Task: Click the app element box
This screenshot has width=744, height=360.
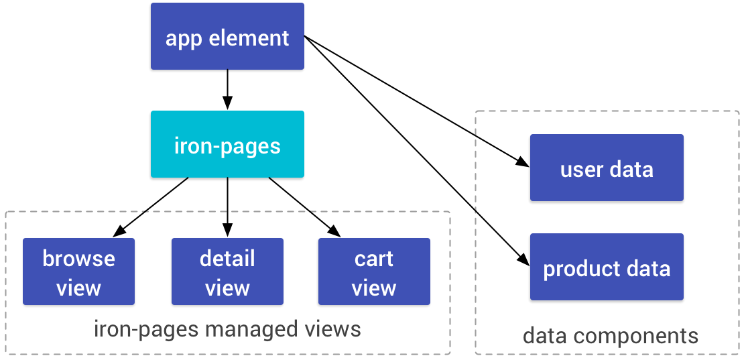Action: click(227, 36)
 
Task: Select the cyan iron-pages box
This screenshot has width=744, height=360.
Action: click(227, 144)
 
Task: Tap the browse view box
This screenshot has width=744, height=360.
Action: click(78, 272)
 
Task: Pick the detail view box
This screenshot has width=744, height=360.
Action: click(227, 272)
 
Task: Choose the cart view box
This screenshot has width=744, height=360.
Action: click(374, 272)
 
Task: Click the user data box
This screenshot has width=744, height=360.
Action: click(607, 168)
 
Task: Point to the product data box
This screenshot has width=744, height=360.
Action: click(607, 267)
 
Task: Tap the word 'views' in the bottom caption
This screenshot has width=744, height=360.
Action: click(332, 330)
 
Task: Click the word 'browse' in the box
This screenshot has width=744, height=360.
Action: click(78, 259)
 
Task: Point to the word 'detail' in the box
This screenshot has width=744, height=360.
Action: click(227, 259)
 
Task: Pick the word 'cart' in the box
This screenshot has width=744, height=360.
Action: click(374, 259)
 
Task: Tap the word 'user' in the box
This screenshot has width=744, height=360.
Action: click(581, 170)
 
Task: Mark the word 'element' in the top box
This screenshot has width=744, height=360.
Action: click(249, 38)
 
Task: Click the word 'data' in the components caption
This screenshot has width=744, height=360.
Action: click(542, 335)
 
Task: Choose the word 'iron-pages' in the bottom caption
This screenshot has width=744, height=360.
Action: click(146, 331)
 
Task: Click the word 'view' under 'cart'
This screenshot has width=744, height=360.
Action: click(374, 288)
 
